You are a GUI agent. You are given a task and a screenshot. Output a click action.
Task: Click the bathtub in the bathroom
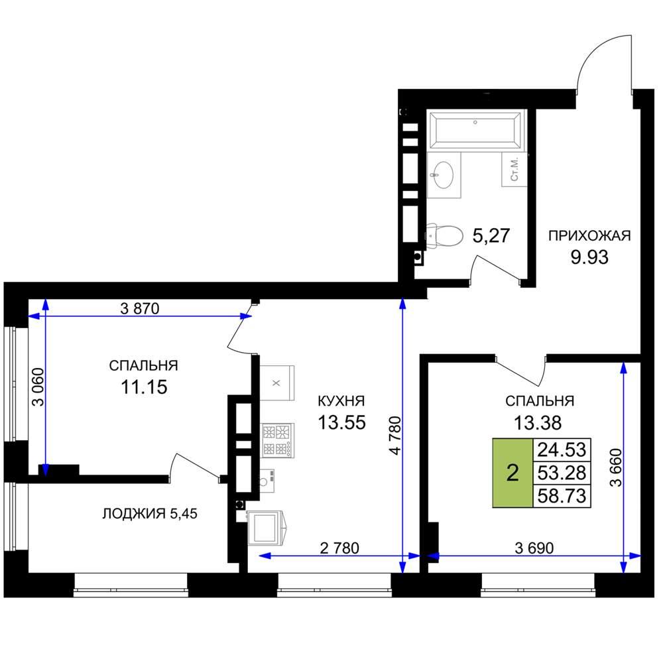(x=476, y=129)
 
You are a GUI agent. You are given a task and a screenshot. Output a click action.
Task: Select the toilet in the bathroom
(x=444, y=235)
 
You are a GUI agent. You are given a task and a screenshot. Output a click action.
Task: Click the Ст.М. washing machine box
(x=514, y=169)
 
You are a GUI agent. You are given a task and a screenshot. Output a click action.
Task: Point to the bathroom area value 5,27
(x=491, y=236)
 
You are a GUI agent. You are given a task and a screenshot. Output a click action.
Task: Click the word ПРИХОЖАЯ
(x=589, y=235)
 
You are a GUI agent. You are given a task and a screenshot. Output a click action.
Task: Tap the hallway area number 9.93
(x=589, y=257)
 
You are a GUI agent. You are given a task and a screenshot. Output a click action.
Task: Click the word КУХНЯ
(x=341, y=400)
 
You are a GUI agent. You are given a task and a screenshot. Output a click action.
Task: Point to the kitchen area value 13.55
(x=341, y=422)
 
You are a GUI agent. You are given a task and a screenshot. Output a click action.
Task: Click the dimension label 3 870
(x=140, y=309)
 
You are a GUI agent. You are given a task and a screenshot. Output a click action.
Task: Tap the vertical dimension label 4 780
(x=395, y=436)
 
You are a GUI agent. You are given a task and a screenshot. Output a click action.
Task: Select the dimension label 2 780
(x=339, y=548)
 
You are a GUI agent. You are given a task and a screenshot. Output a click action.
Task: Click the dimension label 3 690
(x=534, y=548)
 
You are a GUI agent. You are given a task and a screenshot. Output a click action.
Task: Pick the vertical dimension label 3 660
(x=617, y=467)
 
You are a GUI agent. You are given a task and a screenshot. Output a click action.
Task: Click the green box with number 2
(x=512, y=473)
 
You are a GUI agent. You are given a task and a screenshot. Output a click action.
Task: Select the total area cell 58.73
(x=562, y=495)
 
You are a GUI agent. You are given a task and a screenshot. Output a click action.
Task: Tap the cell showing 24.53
(x=562, y=450)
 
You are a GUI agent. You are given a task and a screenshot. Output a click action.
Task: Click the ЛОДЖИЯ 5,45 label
(x=150, y=514)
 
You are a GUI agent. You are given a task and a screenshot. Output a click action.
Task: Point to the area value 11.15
(x=144, y=387)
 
